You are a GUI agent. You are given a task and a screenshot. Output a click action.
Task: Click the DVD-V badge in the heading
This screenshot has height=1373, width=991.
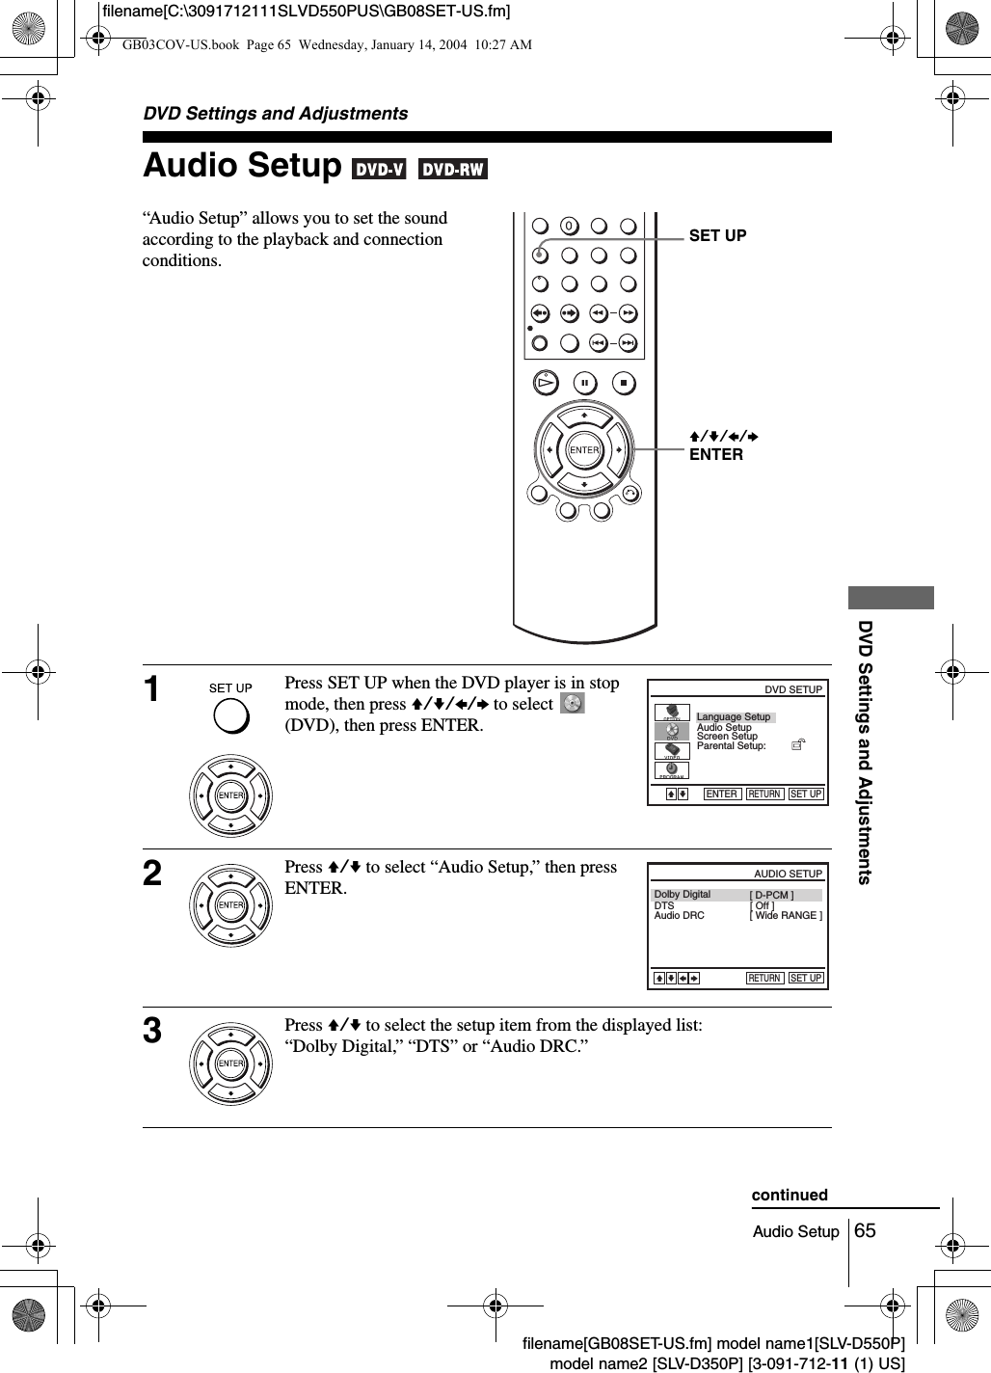(380, 170)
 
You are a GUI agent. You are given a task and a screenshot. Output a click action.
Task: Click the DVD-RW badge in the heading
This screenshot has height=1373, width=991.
(453, 170)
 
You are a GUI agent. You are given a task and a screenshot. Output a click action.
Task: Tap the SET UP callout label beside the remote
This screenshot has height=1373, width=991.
(717, 235)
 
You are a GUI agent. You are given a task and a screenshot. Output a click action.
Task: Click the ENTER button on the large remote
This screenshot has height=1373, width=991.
(584, 450)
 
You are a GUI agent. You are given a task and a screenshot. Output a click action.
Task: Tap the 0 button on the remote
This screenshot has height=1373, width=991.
(569, 227)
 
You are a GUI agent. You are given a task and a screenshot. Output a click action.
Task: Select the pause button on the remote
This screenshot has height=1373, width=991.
(584, 383)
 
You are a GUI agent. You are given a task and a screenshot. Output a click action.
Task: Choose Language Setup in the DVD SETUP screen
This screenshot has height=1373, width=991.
(734, 716)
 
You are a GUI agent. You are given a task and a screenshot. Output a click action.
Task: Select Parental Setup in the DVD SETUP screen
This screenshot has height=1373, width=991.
(732, 745)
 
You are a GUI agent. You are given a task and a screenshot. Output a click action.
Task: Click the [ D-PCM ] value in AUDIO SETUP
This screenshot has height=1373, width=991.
(772, 896)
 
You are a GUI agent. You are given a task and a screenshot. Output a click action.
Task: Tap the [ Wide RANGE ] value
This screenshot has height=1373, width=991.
(786, 915)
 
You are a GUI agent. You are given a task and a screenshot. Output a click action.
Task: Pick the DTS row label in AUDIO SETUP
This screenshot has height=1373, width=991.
(664, 905)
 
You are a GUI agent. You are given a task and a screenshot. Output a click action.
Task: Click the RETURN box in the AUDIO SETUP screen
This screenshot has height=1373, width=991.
(764, 978)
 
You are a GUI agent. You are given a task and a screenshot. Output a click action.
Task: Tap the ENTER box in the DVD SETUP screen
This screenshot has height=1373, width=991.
(721, 794)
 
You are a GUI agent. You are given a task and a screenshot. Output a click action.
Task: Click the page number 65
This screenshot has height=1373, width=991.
(865, 1230)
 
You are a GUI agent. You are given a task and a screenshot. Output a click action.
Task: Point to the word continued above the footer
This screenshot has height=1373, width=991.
(790, 1195)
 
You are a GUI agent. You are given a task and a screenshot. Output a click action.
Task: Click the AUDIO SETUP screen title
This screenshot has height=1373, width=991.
(788, 874)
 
